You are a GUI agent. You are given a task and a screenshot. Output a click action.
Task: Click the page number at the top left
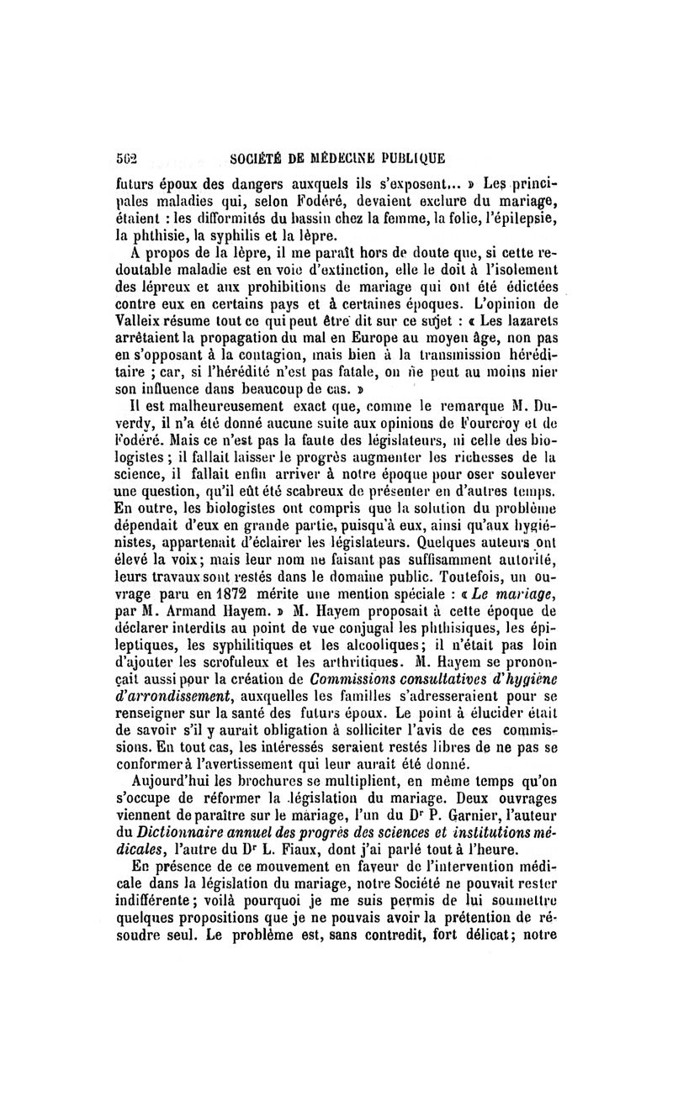[126, 155]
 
